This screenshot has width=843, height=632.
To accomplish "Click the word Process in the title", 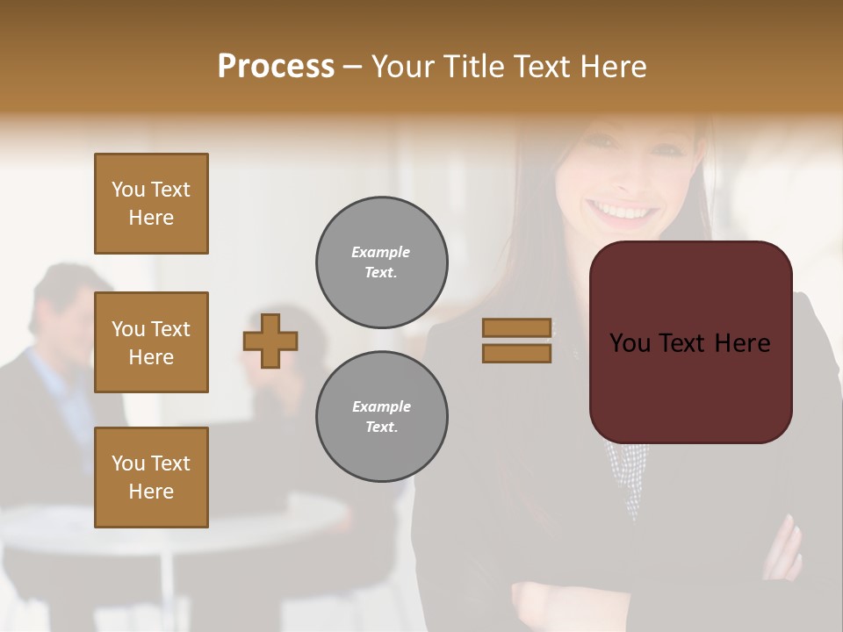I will [x=276, y=67].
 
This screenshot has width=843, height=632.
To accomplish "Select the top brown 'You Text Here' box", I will [x=151, y=204].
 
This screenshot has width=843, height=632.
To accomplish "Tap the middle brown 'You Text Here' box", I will [x=151, y=342].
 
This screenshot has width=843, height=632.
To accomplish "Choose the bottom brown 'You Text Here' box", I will [x=151, y=478].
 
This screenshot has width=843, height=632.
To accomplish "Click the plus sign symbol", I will [x=270, y=341].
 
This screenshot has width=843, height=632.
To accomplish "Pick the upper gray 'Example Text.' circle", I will [x=382, y=262].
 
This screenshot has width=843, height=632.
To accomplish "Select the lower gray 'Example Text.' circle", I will [x=382, y=417].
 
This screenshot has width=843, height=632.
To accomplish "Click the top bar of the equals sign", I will [x=517, y=328].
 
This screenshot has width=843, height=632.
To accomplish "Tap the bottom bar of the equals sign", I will [x=517, y=353].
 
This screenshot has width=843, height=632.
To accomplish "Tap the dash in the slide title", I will [x=353, y=67].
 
